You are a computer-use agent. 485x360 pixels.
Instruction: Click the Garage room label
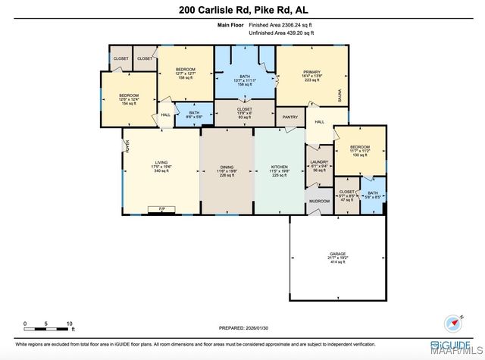click(x=337, y=253)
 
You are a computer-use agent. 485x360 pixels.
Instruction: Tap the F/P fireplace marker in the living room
click(x=161, y=208)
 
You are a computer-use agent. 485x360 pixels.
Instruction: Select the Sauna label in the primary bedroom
click(x=340, y=95)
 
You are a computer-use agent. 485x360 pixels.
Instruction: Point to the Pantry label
click(x=289, y=118)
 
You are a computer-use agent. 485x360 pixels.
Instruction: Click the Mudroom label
click(x=319, y=202)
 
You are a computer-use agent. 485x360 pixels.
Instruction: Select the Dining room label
click(x=227, y=167)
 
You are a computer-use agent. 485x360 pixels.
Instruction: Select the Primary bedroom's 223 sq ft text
click(x=312, y=80)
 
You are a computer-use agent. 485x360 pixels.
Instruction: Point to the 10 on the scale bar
click(x=70, y=324)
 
